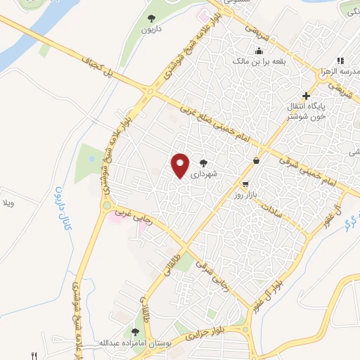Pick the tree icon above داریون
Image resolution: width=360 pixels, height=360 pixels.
pos(151,19)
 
